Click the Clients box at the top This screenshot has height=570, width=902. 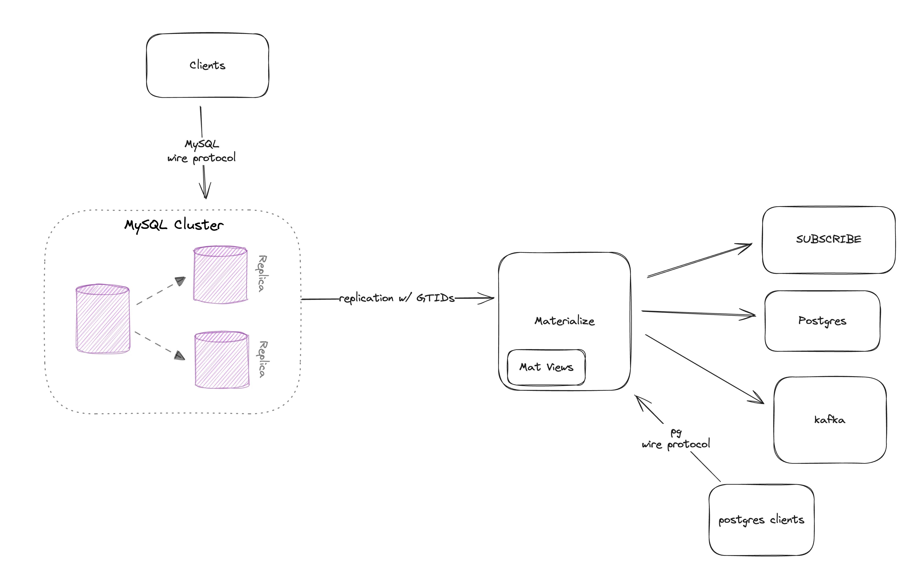(207, 66)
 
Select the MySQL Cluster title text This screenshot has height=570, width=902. (174, 225)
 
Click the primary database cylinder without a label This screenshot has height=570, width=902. (103, 319)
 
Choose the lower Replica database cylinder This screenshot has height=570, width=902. (222, 359)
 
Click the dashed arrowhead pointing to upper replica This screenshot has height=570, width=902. (180, 281)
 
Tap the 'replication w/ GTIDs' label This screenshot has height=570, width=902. (397, 298)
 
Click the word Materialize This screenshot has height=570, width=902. (564, 321)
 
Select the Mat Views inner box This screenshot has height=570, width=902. (546, 367)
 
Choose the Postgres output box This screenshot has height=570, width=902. (822, 321)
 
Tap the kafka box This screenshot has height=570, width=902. (830, 420)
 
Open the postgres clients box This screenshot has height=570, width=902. (761, 520)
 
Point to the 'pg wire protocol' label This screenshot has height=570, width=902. (676, 439)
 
